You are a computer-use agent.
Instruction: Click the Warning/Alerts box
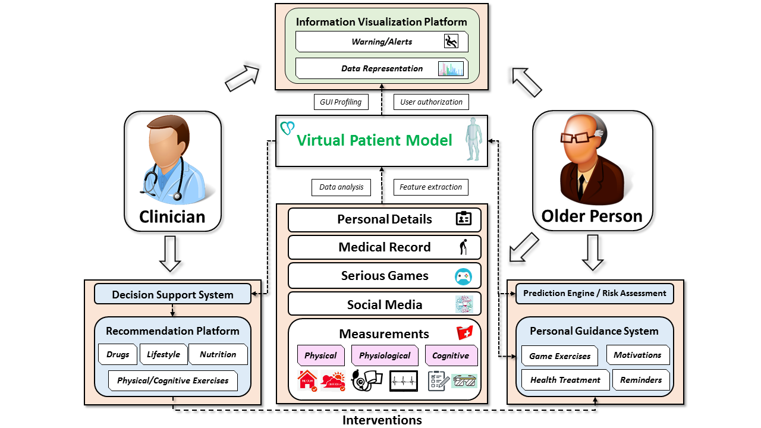(x=381, y=42)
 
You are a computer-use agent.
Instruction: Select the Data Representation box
(x=381, y=68)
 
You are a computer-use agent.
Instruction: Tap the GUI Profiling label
(x=341, y=102)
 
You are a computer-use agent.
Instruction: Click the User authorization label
(x=431, y=102)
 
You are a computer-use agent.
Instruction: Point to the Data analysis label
(x=341, y=187)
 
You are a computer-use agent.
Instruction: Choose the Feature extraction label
(x=430, y=187)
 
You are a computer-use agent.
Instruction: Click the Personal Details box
(x=384, y=219)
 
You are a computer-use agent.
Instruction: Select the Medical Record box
(x=384, y=247)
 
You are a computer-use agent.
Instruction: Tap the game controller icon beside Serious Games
(x=463, y=276)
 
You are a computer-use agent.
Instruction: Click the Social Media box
(x=384, y=304)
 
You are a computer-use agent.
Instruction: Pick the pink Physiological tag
(x=384, y=355)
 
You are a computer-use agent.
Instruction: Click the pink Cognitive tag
(x=451, y=355)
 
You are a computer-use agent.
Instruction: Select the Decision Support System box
(x=172, y=294)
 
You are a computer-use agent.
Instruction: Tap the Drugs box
(x=118, y=354)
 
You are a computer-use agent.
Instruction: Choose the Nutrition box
(x=218, y=354)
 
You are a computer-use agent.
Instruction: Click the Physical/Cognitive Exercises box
(x=172, y=380)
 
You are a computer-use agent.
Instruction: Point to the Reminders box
(x=640, y=380)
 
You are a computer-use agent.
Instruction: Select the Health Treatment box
(x=565, y=380)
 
